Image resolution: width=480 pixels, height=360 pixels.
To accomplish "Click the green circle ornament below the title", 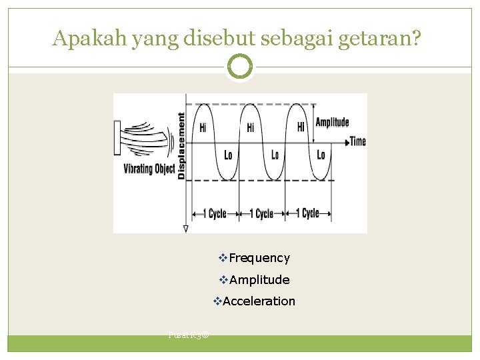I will (240, 67).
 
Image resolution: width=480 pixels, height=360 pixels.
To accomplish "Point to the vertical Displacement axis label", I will (181, 145).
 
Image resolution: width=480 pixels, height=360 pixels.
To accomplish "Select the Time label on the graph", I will (358, 141).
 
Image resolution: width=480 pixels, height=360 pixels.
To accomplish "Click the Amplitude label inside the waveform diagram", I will (332, 122).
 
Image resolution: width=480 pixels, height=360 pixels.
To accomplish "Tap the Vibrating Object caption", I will (149, 169).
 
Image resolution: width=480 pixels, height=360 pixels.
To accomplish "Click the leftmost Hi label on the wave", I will (203, 127).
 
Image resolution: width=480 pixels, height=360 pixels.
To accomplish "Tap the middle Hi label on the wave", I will (251, 127).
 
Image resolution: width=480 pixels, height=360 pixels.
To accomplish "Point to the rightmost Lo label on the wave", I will (321, 155).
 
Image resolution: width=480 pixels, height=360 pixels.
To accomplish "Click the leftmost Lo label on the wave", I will (229, 155).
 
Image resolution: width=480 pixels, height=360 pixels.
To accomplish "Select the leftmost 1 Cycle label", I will (214, 213).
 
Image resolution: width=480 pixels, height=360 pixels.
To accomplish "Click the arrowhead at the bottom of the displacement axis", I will (185, 229).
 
